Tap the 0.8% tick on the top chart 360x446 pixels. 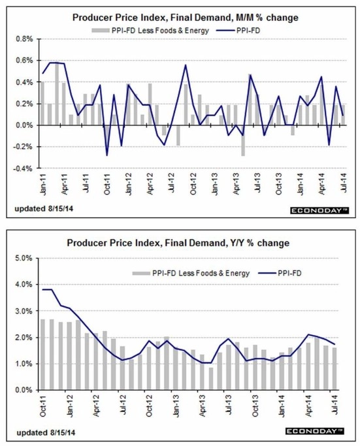(x=25, y=39)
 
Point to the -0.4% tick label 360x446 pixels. (x=24, y=168)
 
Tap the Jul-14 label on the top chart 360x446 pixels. (x=344, y=183)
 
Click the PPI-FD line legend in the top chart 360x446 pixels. (x=238, y=30)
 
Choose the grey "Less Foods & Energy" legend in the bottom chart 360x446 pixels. (x=191, y=274)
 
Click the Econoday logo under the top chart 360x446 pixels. (x=319, y=210)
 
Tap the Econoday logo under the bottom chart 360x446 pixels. (x=315, y=431)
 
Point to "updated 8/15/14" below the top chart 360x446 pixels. (x=44, y=208)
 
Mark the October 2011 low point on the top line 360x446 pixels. (x=107, y=155)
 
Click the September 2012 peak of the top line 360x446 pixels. (x=186, y=65)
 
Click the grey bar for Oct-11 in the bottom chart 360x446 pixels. (x=43, y=355)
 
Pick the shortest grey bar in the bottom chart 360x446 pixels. (x=211, y=379)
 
